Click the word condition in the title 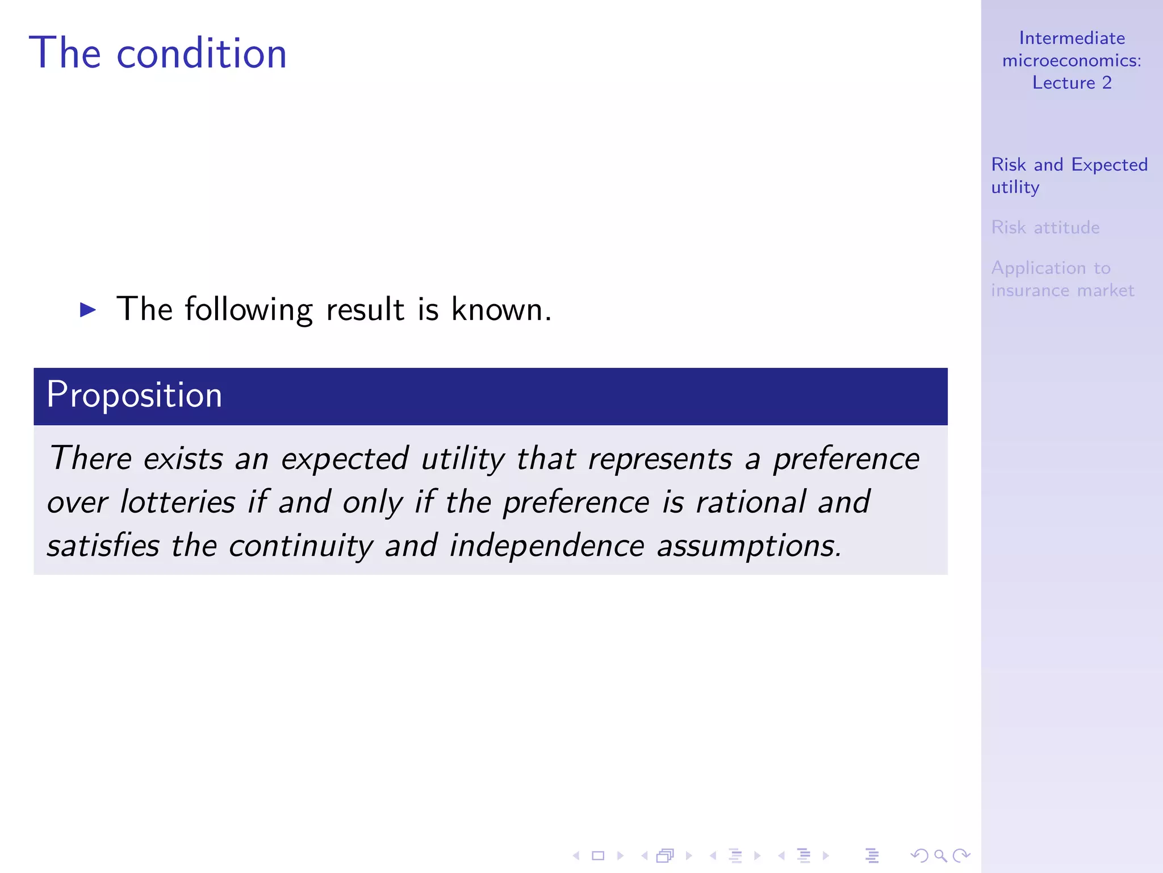(202, 53)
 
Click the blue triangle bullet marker (88, 310)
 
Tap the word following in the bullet (248, 310)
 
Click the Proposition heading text (134, 395)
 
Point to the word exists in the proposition (183, 459)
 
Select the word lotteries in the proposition (178, 502)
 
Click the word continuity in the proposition (301, 546)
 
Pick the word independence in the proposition (547, 546)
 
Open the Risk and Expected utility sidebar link (1069, 175)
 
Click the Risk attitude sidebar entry (1045, 227)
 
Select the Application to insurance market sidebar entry (1062, 279)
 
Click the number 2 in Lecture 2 (1107, 83)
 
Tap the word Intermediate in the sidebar (1072, 38)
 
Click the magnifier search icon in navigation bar (940, 855)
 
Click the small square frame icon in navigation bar (598, 855)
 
